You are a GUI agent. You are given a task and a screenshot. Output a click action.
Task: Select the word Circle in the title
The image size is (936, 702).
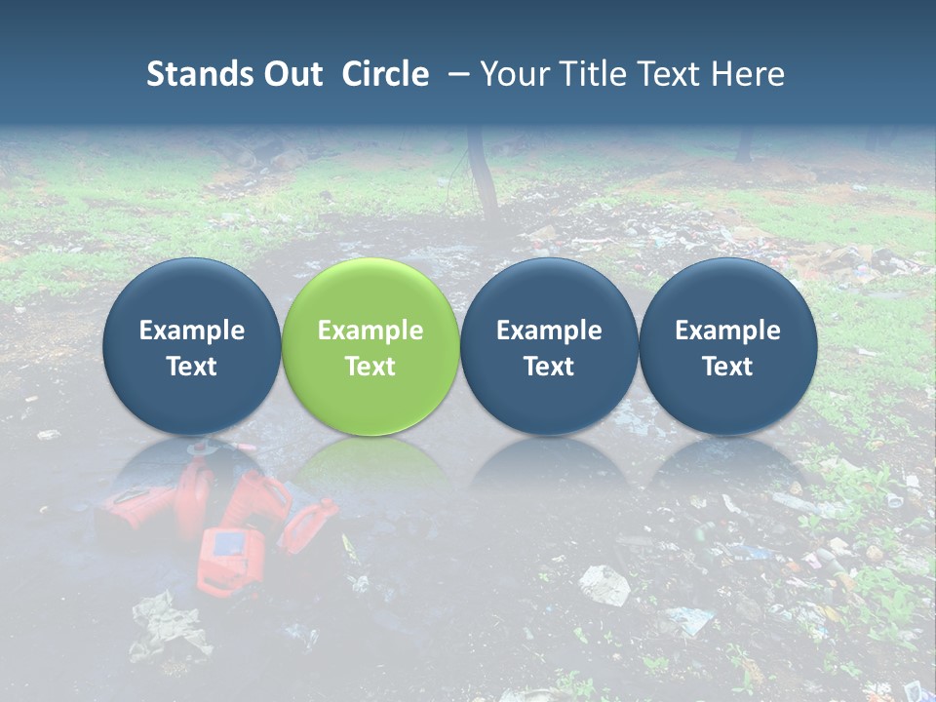[385, 74]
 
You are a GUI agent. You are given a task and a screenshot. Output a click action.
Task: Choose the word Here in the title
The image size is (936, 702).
[749, 74]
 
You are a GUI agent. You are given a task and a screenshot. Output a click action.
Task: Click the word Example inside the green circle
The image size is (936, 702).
[370, 331]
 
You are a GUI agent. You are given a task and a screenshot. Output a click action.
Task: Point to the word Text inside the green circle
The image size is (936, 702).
[370, 367]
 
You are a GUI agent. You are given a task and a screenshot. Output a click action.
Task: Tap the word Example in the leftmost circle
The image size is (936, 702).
[192, 331]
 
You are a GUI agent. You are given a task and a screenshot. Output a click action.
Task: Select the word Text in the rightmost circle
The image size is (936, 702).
[727, 367]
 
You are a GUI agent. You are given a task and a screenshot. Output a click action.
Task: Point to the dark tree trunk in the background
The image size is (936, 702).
[481, 171]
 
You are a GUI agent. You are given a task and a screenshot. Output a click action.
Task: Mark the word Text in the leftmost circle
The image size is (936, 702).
[192, 367]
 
